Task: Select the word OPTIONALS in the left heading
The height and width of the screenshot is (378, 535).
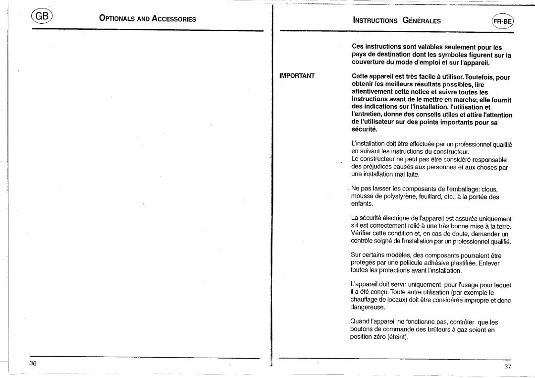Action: pyautogui.click(x=117, y=20)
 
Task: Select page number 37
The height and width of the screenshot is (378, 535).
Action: pyautogui.click(x=507, y=367)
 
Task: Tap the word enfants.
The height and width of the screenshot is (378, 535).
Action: pyautogui.click(x=363, y=204)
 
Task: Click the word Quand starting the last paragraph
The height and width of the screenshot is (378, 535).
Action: pyautogui.click(x=361, y=322)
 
